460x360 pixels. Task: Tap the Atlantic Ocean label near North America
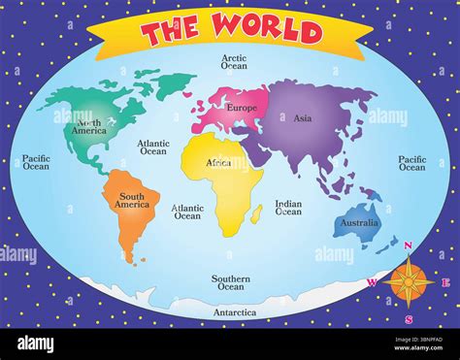153,147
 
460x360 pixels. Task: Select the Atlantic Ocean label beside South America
187,212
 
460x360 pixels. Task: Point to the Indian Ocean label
288,208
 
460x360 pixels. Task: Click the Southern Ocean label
231,282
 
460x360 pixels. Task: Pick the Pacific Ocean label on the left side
36,162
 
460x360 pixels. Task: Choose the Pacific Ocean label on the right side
411,163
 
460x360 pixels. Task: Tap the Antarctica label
234,312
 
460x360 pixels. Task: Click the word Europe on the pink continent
242,107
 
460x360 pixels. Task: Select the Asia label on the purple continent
302,118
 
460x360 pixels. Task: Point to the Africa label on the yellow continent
218,163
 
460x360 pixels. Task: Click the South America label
132,201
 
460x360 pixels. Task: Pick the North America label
89,129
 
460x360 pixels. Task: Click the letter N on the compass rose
408,246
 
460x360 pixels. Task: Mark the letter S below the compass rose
410,318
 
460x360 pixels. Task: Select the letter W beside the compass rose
372,282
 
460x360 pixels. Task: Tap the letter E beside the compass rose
445,282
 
